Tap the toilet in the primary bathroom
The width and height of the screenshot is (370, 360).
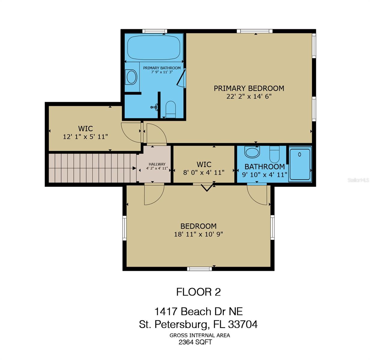[170, 109]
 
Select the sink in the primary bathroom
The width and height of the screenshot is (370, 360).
[131, 77]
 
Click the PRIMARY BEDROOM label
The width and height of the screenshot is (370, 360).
[249, 88]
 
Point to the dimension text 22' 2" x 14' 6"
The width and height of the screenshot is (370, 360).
[249, 97]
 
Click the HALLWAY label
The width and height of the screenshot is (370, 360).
[157, 164]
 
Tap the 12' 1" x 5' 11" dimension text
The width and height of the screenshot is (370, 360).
[85, 136]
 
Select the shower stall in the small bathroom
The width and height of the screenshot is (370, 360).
[300, 164]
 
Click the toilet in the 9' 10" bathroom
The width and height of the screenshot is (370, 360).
[274, 154]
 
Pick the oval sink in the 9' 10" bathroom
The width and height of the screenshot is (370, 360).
[252, 152]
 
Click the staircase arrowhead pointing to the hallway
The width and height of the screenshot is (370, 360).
[134, 168]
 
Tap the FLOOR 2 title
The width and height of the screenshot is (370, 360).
[199, 292]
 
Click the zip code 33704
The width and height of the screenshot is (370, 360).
[243, 324]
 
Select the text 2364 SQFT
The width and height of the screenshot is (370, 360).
[195, 342]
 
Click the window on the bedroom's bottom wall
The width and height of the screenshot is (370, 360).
[199, 269]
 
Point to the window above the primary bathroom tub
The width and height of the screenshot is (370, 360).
[155, 31]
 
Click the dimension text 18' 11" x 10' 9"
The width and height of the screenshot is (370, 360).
[199, 234]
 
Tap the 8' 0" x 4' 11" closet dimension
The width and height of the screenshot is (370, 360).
[204, 172]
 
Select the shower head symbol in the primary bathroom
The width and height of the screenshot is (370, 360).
[154, 107]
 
